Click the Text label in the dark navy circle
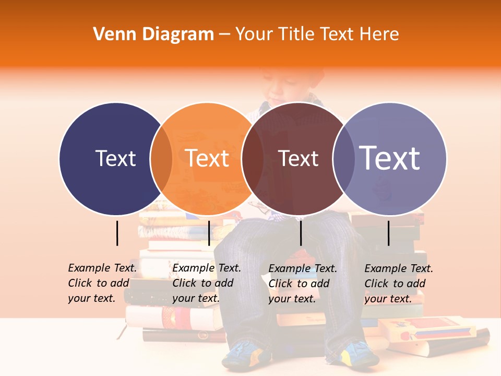pyautogui.click(x=115, y=158)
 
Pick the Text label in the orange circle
pyautogui.click(x=207, y=158)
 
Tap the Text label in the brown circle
pyautogui.click(x=299, y=158)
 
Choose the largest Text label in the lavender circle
pyautogui.click(x=390, y=158)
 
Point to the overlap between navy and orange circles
pyautogui.click(x=161, y=158)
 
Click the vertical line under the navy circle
pyautogui.click(x=117, y=233)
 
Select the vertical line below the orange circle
pyautogui.click(x=209, y=233)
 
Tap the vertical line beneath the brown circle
pyautogui.click(x=301, y=233)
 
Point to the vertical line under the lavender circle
pyautogui.click(x=388, y=233)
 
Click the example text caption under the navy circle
pyautogui.click(x=102, y=283)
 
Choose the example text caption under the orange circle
pyautogui.click(x=206, y=283)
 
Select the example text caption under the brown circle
pyautogui.click(x=302, y=284)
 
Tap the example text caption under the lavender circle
pyautogui.click(x=398, y=284)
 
